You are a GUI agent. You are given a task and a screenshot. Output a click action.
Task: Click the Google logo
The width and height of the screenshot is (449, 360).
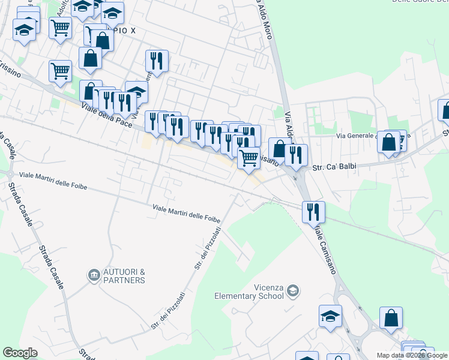click(x=20, y=353)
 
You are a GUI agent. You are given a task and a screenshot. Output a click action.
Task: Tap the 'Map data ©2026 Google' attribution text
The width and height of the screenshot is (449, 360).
click(x=412, y=355)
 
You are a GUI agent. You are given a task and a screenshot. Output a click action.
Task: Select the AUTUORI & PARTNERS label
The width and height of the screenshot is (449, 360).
click(x=124, y=276)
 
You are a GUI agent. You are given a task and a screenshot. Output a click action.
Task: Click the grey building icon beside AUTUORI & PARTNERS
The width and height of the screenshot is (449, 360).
click(x=94, y=275)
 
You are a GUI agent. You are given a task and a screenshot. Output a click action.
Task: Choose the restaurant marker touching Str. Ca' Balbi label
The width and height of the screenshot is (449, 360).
click(x=296, y=155)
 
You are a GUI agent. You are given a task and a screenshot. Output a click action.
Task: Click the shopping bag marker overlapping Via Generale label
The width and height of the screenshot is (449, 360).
click(x=389, y=142)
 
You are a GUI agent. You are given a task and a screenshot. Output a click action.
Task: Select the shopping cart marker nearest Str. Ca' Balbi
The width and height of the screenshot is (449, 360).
click(x=249, y=158)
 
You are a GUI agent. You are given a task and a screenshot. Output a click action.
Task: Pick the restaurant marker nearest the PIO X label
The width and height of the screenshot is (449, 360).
click(x=157, y=60)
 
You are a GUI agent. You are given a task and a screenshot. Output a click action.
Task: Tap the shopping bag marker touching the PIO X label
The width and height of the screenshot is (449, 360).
click(x=103, y=40)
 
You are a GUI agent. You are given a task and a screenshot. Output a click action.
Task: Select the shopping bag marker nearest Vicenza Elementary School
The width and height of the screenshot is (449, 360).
click(x=391, y=318)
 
